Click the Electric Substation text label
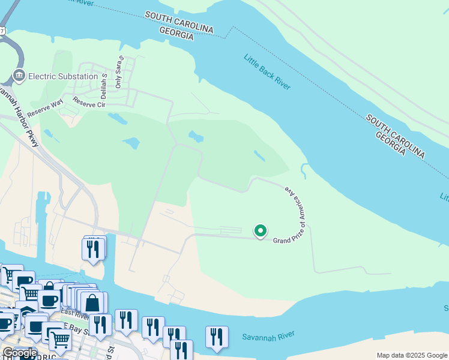click(x=63, y=76)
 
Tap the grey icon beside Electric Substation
click(x=19, y=76)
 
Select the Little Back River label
click(x=267, y=73)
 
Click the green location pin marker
click(x=261, y=231)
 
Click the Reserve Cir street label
click(x=89, y=103)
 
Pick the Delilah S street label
click(x=104, y=87)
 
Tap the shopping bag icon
click(x=92, y=304)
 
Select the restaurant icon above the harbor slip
click(x=93, y=248)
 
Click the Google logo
click(x=20, y=353)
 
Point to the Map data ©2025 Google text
click(x=412, y=355)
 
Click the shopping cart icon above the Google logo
click(x=60, y=340)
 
